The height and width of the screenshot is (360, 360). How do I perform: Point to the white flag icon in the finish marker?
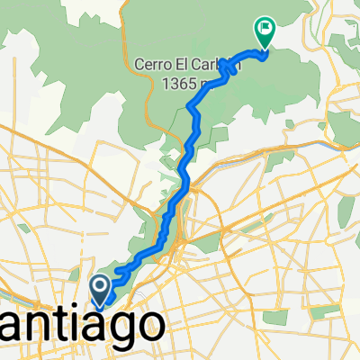pos(265,29)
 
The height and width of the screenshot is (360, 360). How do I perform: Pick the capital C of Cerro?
pos(138,67)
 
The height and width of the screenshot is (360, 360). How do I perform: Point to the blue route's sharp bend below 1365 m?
pos(191,108)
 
